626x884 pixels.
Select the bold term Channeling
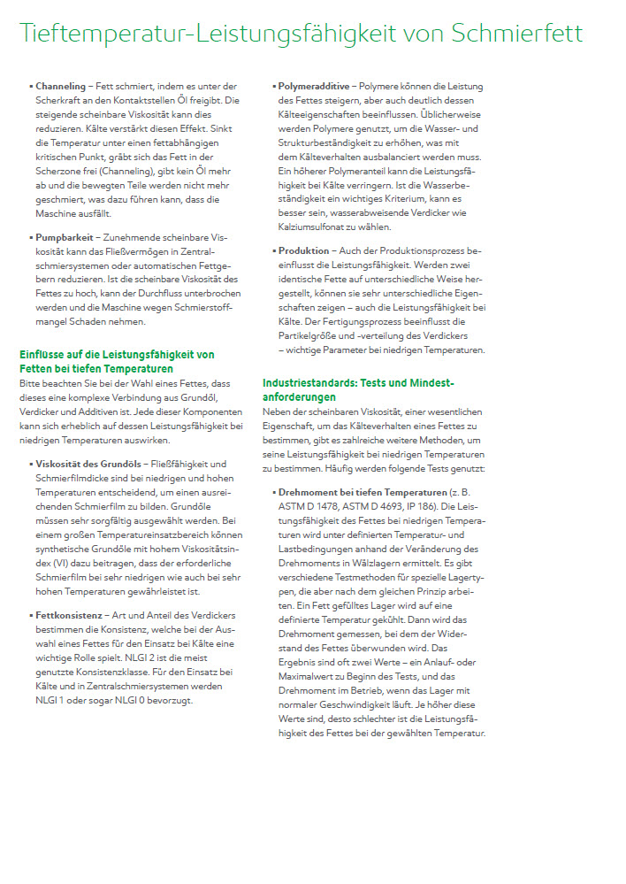(x=60, y=86)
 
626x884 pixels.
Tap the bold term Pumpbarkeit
(x=63, y=238)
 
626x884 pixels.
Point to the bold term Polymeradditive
(x=314, y=86)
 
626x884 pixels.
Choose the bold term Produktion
(x=303, y=251)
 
